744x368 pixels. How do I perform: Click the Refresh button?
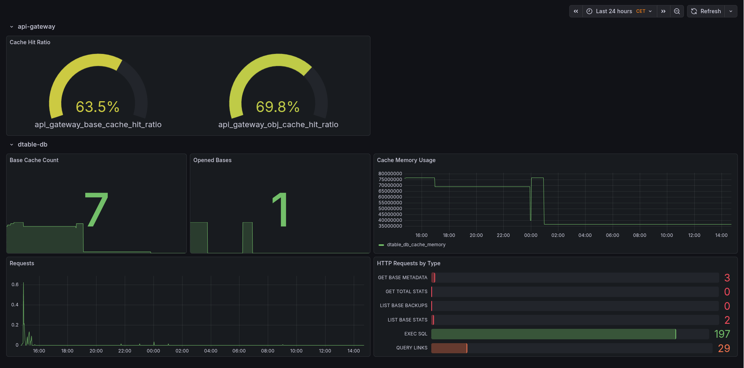pos(706,11)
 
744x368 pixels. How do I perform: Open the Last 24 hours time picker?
pos(619,11)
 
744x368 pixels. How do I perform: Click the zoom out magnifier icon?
pos(677,11)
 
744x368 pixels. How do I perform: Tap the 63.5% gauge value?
pos(98,107)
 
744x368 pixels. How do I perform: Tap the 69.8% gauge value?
pos(278,107)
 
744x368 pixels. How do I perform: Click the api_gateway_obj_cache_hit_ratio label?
pos(278,124)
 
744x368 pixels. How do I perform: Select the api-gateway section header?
pos(36,26)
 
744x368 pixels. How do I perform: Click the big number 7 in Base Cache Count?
pos(96,210)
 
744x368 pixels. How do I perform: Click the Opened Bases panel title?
pos(212,160)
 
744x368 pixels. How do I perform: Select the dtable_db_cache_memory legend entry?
pos(416,245)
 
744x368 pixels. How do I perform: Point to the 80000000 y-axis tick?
pos(390,174)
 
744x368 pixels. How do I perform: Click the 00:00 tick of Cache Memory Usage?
pos(530,235)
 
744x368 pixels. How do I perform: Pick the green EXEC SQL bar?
pos(553,334)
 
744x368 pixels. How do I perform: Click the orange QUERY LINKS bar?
pos(449,348)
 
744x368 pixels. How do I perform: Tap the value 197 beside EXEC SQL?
pos(722,334)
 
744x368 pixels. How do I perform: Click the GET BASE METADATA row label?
pos(403,278)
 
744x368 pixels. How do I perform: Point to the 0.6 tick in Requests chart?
pos(15,285)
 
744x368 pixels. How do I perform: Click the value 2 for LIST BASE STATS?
pos(727,320)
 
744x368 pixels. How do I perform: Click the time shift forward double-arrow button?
pos(663,11)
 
